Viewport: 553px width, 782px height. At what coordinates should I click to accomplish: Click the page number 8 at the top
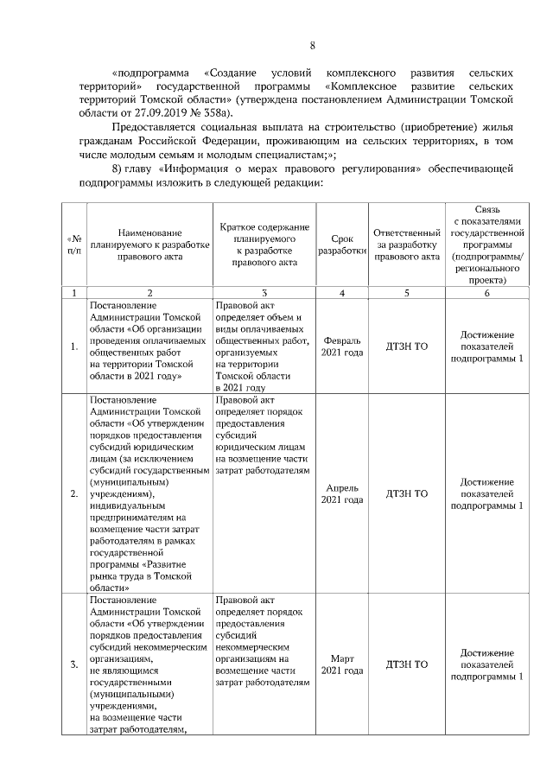tap(314, 46)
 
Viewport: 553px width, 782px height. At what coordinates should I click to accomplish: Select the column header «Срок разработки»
tap(342, 245)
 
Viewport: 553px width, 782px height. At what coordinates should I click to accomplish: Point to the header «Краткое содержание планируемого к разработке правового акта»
tap(264, 245)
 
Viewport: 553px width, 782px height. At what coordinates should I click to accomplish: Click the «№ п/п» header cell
tap(73, 245)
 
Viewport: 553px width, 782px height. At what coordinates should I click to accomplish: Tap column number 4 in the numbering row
tap(342, 294)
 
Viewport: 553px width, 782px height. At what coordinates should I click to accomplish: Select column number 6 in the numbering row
tap(486, 294)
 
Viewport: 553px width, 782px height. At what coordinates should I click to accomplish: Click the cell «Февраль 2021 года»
tap(342, 347)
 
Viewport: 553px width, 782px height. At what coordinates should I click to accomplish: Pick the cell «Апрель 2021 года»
tap(342, 493)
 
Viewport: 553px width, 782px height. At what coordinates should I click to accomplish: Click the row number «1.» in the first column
tap(74, 347)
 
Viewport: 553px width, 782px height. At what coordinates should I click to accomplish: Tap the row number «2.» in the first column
tap(74, 493)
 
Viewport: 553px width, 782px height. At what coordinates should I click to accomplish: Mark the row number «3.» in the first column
tap(74, 664)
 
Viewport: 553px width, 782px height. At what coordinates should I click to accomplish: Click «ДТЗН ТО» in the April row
tap(406, 493)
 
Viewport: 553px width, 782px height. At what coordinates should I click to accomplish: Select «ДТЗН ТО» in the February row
tap(406, 347)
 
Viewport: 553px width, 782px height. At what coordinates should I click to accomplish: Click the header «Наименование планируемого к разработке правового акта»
tap(150, 245)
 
